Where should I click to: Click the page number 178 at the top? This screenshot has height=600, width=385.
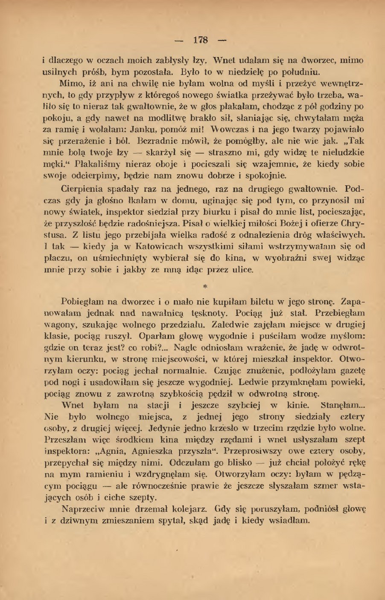click(x=200, y=40)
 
